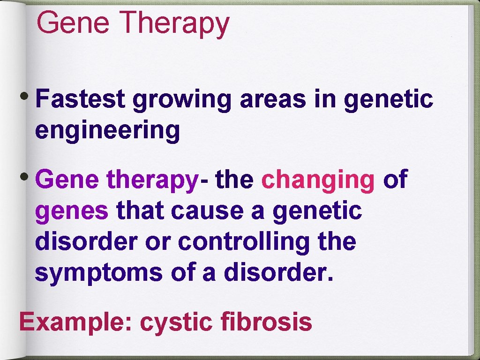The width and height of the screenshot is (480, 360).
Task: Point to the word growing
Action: pyautogui.click(x=182, y=100)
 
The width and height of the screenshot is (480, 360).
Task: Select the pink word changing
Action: pyautogui.click(x=318, y=180)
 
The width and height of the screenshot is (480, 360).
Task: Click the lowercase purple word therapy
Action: pyautogui.click(x=150, y=180)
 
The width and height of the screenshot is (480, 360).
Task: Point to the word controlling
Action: pyautogui.click(x=244, y=241)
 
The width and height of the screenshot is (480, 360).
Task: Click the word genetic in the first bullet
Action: pyautogui.click(x=388, y=99)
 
